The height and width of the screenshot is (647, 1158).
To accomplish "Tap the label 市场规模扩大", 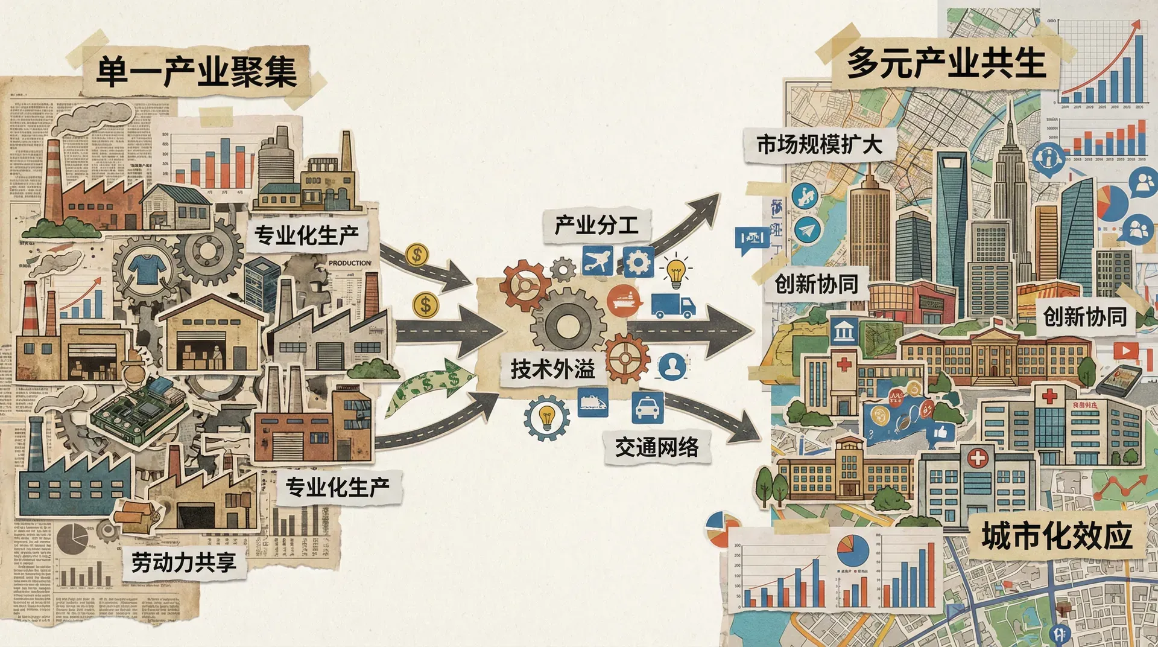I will pyautogui.click(x=818, y=145).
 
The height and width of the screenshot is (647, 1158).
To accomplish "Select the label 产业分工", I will pyautogui.click(x=596, y=226).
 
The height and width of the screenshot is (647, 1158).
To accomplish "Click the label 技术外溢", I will pyautogui.click(x=552, y=369).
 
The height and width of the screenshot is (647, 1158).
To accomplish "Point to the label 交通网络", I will pyautogui.click(x=657, y=447).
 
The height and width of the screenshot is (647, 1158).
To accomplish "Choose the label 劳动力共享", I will pyautogui.click(x=183, y=563).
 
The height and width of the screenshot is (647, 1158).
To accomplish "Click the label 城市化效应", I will pyautogui.click(x=1056, y=536).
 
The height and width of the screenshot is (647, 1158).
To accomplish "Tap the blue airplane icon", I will pyautogui.click(x=597, y=261).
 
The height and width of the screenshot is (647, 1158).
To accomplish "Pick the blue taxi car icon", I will pyautogui.click(x=648, y=407).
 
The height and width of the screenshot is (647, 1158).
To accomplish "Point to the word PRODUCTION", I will pyautogui.click(x=350, y=263).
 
